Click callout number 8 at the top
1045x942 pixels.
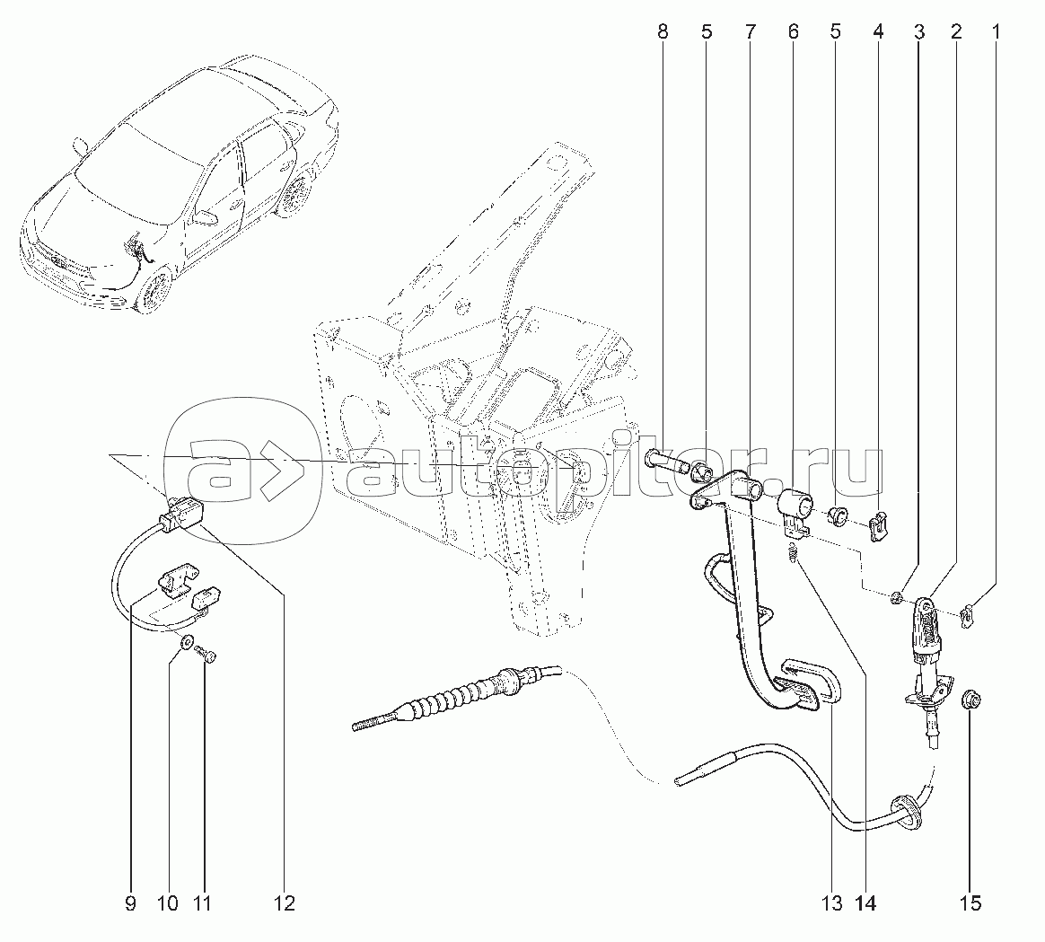coord(663,32)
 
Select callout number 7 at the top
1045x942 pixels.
coord(749,32)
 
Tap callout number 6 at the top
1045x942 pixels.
coord(792,32)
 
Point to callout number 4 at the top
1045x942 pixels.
coord(877,32)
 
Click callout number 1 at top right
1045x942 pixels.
coord(994,32)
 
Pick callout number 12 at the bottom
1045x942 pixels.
coord(284,902)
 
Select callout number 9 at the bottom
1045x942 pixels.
coord(130,902)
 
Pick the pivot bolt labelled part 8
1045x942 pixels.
coord(662,462)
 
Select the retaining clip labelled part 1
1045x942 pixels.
coord(966,616)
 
